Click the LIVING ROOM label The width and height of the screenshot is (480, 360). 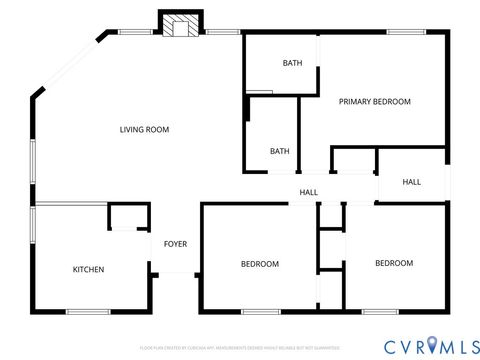[144, 129]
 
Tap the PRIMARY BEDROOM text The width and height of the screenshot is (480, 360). [375, 101]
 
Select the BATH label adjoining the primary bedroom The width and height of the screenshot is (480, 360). [292, 63]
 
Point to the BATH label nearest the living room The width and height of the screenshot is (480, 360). [280, 151]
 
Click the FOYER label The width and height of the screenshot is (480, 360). [175, 244]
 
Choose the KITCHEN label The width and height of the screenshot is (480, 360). [88, 269]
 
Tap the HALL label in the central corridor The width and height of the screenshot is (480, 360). [309, 192]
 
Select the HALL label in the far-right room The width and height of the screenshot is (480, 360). [411, 182]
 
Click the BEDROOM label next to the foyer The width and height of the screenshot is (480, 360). [259, 264]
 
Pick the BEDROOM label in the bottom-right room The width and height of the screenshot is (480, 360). [394, 263]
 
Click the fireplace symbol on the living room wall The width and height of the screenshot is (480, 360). [181, 26]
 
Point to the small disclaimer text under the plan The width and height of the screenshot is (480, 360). [240, 347]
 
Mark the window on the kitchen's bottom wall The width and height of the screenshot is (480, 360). [88, 312]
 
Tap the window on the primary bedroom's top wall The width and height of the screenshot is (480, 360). [403, 32]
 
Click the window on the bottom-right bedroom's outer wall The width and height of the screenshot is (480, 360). [381, 312]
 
